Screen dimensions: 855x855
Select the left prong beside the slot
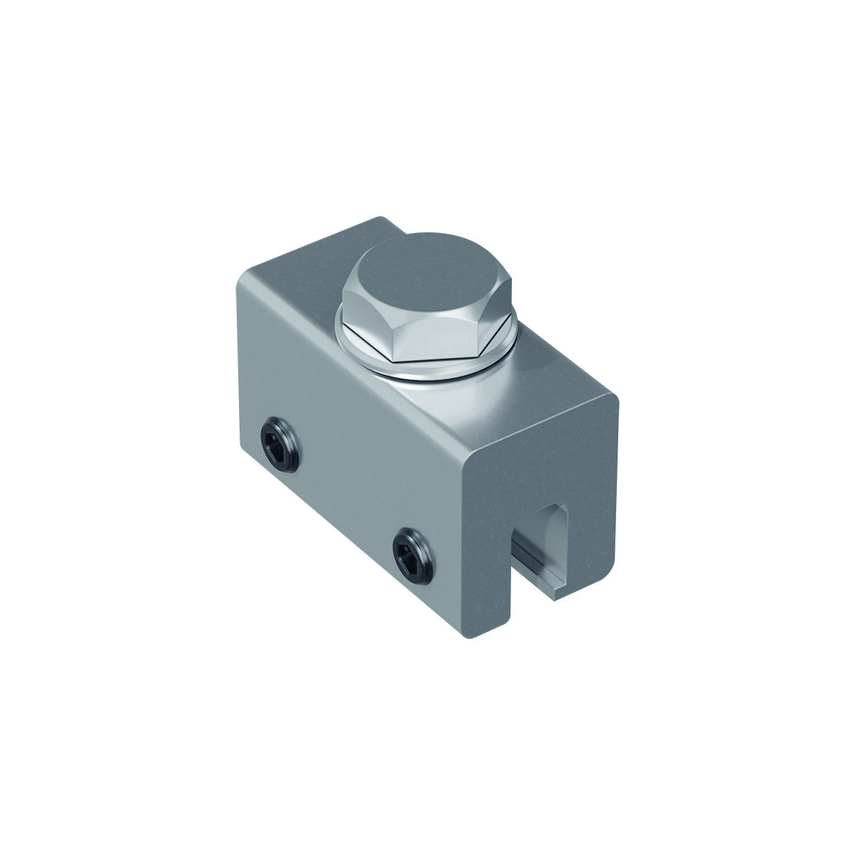pos(493,579)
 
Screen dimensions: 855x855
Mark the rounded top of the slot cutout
pos(547,507)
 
